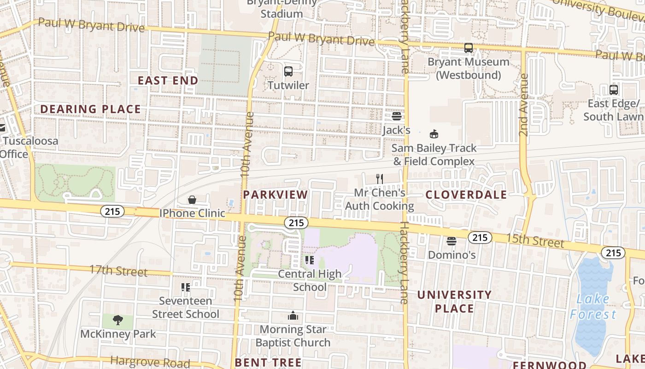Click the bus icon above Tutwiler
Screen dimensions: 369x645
[288, 71]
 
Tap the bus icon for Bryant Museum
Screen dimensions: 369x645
[469, 48]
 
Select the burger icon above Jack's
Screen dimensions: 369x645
[396, 116]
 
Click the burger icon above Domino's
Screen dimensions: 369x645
[451, 241]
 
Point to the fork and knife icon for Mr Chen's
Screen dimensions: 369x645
[380, 179]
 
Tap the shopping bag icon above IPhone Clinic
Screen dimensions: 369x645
[192, 200]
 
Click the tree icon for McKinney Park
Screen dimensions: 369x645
[118, 320]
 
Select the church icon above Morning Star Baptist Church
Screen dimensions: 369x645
[293, 316]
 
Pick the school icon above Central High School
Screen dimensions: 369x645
[310, 260]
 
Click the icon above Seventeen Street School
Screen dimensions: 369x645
[186, 287]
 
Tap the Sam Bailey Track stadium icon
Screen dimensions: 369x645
[434, 134]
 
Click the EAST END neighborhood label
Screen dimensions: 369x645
[168, 81]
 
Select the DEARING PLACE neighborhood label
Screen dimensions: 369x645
[90, 109]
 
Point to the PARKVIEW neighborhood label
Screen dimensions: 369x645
[276, 195]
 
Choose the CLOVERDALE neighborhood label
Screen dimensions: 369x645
[466, 195]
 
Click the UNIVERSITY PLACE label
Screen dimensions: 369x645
[454, 302]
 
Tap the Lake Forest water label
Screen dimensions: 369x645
[593, 307]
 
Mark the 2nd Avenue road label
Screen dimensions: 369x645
[523, 105]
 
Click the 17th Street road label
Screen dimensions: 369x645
[118, 270]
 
